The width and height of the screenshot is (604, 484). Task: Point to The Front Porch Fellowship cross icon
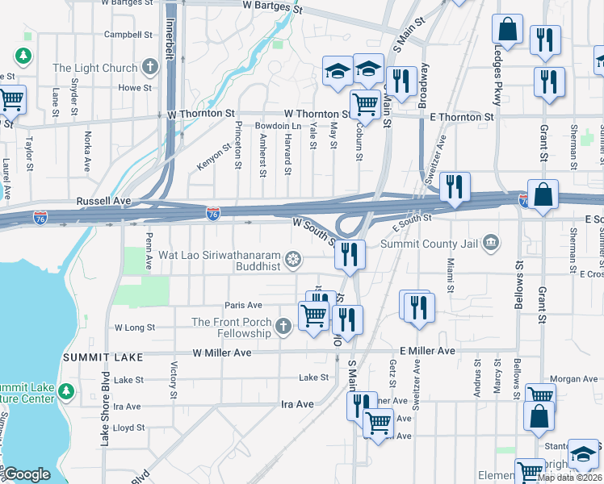coord(282,326)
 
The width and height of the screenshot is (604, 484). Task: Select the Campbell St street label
coord(128,35)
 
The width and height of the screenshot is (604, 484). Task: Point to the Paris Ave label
coord(244,305)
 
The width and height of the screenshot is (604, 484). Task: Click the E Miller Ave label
coord(427,351)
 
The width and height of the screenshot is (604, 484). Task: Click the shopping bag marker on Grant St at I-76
coord(544,194)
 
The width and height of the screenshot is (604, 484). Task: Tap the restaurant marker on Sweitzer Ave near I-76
coord(455,187)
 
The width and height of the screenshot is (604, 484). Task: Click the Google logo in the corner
coord(27,474)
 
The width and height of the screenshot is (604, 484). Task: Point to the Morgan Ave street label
coord(573,378)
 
